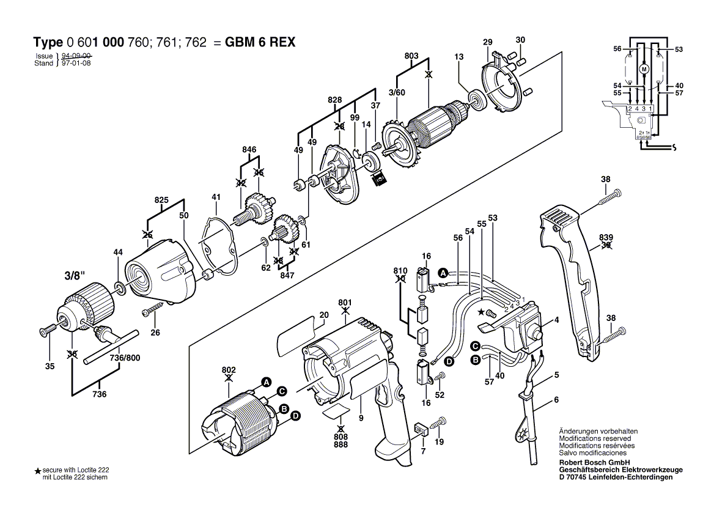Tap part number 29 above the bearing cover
tap(487, 42)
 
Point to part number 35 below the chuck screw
tap(50, 367)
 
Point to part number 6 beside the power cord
tap(556, 400)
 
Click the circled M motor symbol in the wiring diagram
tap(643, 69)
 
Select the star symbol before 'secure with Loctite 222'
tap(37, 471)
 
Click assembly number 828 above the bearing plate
tap(334, 99)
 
